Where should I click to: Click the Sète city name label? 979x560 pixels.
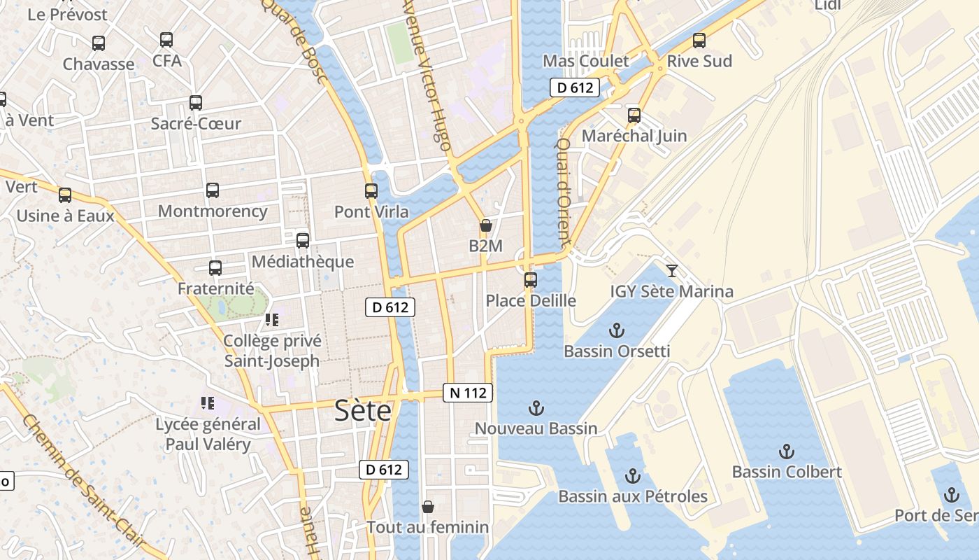pyautogui.click(x=363, y=410)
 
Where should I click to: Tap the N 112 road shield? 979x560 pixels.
pyautogui.click(x=468, y=393)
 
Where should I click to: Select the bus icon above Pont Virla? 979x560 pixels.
pyautogui.click(x=371, y=190)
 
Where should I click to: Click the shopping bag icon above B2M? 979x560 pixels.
pyautogui.click(x=485, y=225)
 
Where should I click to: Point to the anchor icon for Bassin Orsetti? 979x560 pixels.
pyautogui.click(x=617, y=330)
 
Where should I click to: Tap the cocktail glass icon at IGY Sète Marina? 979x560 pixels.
pyautogui.click(x=672, y=270)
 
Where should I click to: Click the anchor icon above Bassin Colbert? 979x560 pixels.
pyautogui.click(x=787, y=451)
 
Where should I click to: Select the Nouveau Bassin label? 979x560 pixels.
pyautogui.click(x=536, y=428)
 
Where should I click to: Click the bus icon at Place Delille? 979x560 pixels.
pyautogui.click(x=531, y=280)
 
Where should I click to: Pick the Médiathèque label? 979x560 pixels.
pyautogui.click(x=303, y=262)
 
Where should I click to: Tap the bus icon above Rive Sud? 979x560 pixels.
pyautogui.click(x=699, y=41)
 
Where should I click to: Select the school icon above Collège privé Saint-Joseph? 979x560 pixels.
pyautogui.click(x=272, y=320)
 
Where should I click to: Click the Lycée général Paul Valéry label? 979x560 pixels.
pyautogui.click(x=208, y=434)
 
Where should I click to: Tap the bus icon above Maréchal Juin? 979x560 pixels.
pyautogui.click(x=634, y=115)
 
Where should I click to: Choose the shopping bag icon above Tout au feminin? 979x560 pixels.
pyautogui.click(x=428, y=506)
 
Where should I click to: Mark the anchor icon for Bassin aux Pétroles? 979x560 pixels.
pyautogui.click(x=633, y=476)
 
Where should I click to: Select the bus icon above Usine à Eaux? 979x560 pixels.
pyautogui.click(x=65, y=195)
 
